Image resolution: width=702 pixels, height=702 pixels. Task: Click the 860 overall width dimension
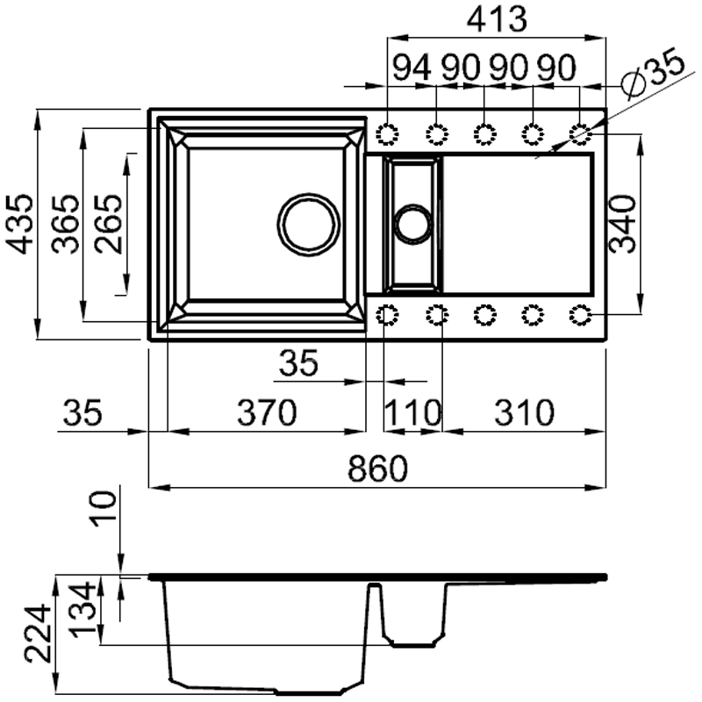(x=378, y=470)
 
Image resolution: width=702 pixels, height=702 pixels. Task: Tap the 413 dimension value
(x=497, y=19)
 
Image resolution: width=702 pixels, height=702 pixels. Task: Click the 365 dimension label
(x=64, y=225)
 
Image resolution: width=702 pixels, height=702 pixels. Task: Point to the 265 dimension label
(x=109, y=225)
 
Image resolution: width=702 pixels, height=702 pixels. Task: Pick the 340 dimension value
(x=622, y=225)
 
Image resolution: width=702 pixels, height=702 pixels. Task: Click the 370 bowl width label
(x=266, y=412)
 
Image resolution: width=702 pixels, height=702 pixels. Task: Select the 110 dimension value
(x=413, y=412)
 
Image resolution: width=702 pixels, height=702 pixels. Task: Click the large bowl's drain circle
(x=308, y=223)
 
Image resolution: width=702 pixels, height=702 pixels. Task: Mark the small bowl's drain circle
(x=412, y=223)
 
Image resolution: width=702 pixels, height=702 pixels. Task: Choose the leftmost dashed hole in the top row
(x=388, y=134)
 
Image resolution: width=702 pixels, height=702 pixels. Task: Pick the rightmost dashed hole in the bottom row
(x=580, y=314)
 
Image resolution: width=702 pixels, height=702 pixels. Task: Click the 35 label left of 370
(x=83, y=412)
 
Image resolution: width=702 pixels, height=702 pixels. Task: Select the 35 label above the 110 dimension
(x=297, y=362)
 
